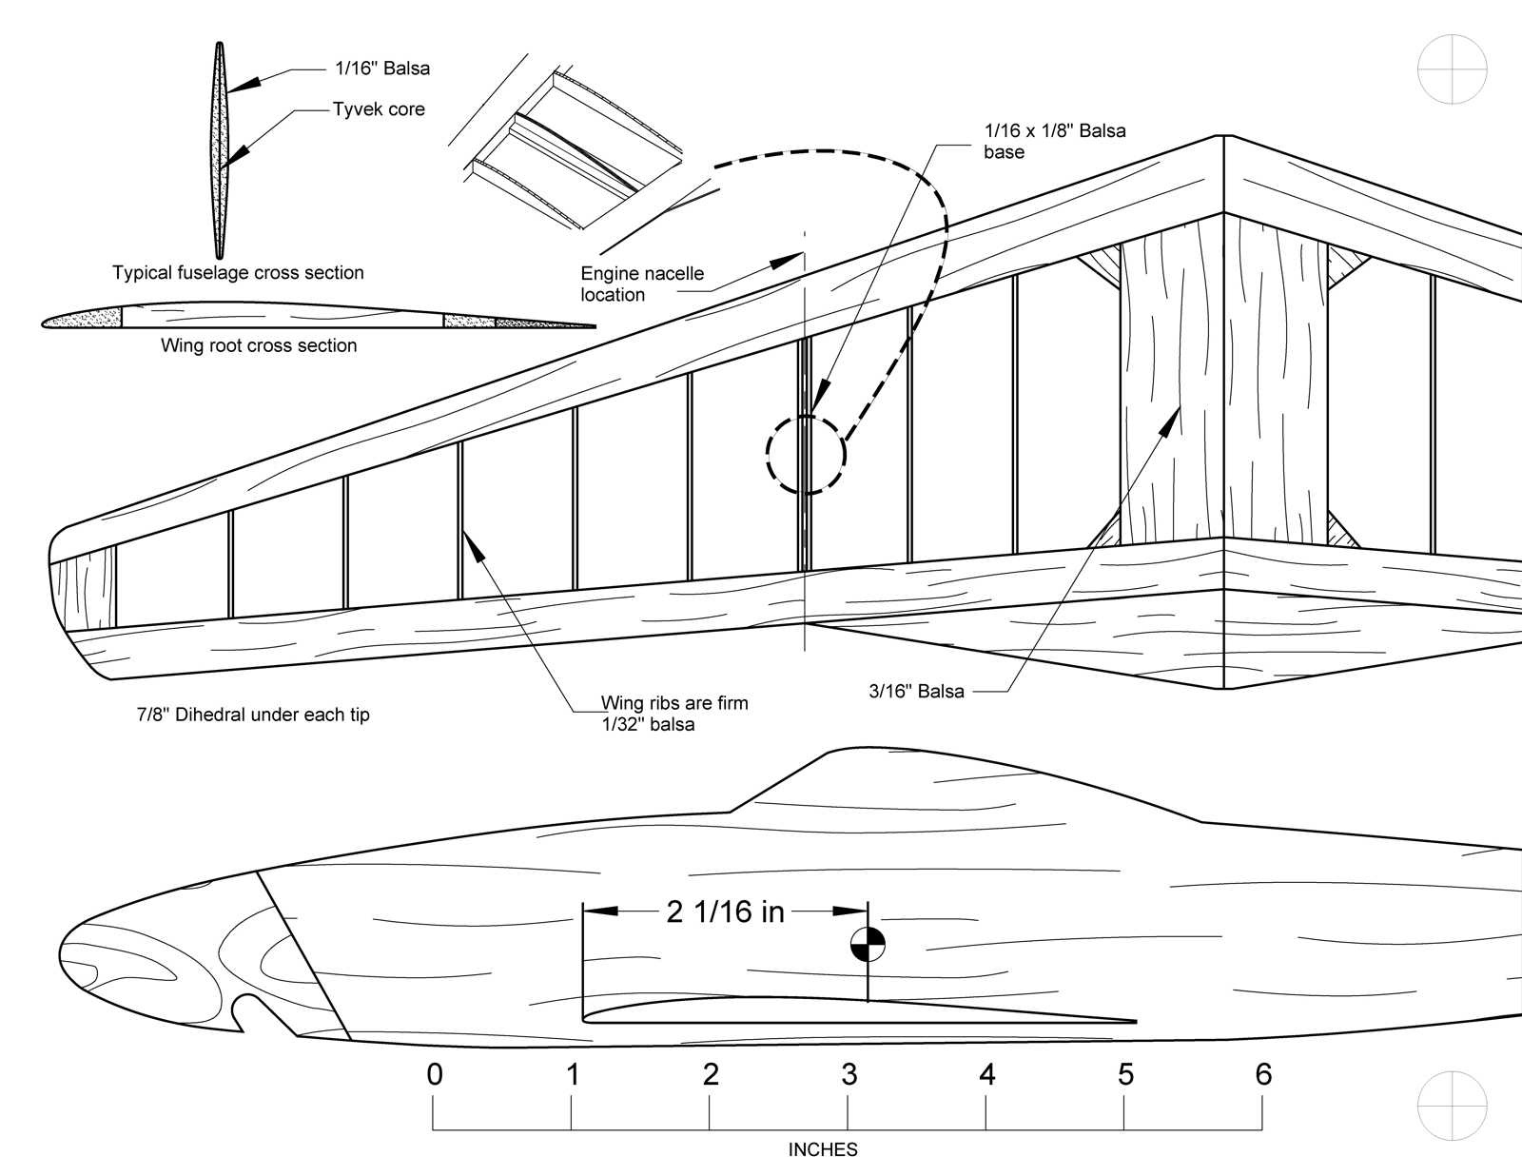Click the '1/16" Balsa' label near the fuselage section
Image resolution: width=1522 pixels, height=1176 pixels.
(381, 69)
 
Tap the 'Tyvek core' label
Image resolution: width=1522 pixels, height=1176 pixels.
(378, 109)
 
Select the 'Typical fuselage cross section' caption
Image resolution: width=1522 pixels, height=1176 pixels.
(238, 273)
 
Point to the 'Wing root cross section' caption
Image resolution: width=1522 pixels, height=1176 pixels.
(259, 345)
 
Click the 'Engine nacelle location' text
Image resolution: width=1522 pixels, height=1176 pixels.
(642, 284)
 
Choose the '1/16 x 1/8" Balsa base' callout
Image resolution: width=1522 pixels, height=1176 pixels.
(1054, 141)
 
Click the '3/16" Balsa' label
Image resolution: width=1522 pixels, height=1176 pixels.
(916, 692)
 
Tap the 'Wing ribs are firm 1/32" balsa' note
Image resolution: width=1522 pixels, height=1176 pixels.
(673, 714)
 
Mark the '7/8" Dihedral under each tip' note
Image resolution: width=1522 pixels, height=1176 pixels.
(253, 715)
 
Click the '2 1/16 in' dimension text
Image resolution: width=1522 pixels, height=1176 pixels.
(725, 911)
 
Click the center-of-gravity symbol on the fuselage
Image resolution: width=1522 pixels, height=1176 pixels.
(868, 945)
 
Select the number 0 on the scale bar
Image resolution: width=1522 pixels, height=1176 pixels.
(435, 1074)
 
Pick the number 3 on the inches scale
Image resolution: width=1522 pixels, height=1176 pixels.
(849, 1074)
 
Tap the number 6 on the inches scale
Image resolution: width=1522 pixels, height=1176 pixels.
(1263, 1074)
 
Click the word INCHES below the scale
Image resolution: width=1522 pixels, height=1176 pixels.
(823, 1149)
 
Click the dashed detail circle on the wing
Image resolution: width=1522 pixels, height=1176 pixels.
(806, 455)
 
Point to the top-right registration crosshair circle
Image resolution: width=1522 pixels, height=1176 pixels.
(1452, 69)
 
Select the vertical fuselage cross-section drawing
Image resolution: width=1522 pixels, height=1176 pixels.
(220, 150)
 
